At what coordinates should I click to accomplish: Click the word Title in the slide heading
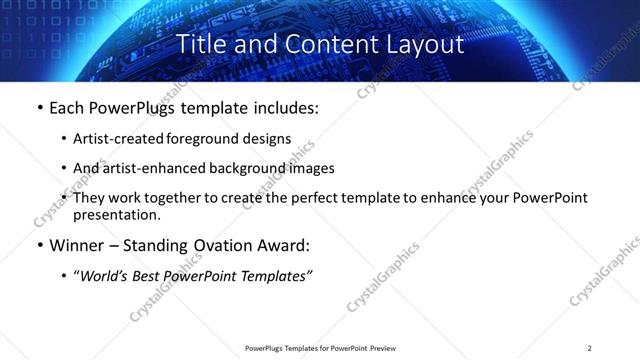click(x=200, y=44)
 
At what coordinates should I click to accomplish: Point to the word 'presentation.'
click(x=116, y=215)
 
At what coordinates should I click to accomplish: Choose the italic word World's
click(x=104, y=277)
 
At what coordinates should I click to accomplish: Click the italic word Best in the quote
click(x=152, y=277)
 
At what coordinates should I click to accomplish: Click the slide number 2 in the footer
click(x=590, y=348)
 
